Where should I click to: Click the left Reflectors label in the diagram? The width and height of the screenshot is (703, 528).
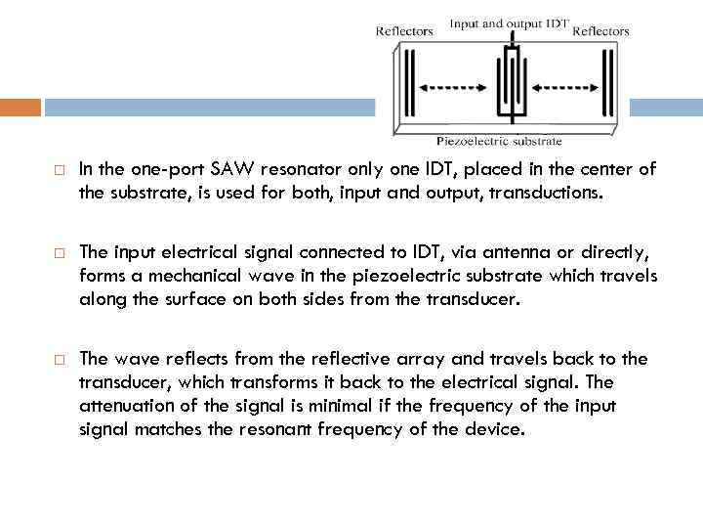click(404, 31)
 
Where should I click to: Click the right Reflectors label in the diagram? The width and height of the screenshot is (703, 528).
click(600, 31)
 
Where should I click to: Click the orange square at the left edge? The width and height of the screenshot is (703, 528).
click(21, 107)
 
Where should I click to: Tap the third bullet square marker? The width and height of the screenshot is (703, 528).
click(59, 359)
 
